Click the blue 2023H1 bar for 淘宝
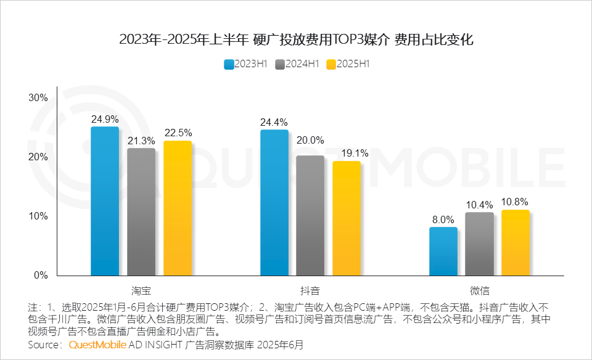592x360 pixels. [105, 201]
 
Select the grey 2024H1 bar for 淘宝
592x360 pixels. [141, 211]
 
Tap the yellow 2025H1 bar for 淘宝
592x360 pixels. [178, 208]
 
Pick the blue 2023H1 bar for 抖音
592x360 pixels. [274, 202]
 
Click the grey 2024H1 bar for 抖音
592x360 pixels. [310, 215]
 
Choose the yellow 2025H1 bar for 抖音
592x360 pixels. [347, 218]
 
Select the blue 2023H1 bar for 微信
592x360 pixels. [443, 251]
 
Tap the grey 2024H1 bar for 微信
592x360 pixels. [479, 243]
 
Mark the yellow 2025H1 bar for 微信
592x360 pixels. [516, 242]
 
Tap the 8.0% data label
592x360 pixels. [443, 219]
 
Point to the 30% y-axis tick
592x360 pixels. [38, 97]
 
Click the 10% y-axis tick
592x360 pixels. [38, 216]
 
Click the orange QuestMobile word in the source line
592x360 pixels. [97, 344]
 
